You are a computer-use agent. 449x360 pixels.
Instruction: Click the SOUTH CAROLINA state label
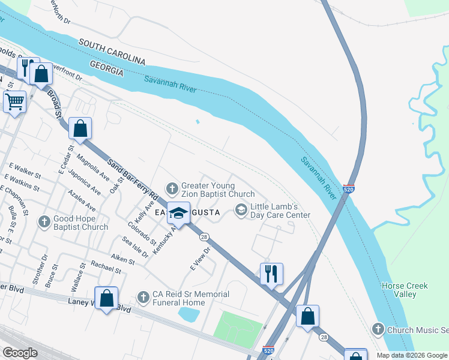(112, 52)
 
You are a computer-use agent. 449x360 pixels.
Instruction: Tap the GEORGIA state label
(106, 67)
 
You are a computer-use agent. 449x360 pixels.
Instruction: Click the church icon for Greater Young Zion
(172, 189)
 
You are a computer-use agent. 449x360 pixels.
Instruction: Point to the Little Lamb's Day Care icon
(241, 209)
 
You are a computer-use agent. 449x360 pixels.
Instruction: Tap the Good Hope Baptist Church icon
(44, 222)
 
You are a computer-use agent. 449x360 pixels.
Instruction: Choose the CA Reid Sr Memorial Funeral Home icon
(143, 296)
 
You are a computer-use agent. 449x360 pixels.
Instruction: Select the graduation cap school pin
(178, 213)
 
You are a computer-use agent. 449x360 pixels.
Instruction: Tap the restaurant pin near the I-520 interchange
(271, 274)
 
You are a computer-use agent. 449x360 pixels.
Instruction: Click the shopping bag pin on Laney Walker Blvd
(106, 298)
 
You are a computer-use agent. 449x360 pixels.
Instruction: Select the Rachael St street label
(105, 268)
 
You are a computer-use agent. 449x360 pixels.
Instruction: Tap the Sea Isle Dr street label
(136, 247)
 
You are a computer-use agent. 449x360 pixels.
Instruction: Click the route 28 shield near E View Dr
(204, 238)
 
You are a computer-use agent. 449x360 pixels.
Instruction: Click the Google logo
(20, 352)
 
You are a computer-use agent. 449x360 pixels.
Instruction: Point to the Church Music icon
(378, 328)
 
